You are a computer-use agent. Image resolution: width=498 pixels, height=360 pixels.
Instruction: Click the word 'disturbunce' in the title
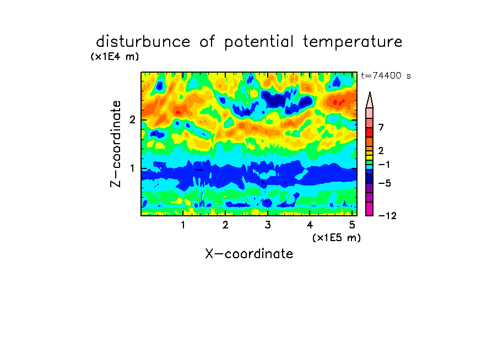click(143, 42)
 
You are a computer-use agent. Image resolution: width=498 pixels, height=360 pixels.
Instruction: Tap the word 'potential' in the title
click(259, 42)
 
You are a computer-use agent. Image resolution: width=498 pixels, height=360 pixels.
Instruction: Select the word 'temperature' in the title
click(353, 42)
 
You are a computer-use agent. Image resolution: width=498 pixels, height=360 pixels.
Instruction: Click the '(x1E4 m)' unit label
click(115, 57)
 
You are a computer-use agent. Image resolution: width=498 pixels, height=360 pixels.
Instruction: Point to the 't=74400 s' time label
click(386, 75)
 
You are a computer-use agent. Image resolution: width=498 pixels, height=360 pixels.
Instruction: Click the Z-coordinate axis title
click(116, 144)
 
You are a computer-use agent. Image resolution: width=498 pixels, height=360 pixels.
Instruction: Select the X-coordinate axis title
click(249, 254)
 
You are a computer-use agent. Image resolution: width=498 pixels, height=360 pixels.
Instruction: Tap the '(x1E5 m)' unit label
click(337, 238)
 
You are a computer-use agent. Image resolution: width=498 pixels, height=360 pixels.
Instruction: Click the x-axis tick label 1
click(183, 225)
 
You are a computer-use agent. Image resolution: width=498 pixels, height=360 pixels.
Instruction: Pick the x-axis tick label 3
click(268, 225)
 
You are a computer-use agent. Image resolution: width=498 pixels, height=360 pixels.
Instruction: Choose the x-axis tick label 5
click(352, 225)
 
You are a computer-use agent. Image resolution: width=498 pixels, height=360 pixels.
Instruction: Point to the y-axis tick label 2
click(132, 120)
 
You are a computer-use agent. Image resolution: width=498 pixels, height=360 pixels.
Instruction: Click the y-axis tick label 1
click(132, 168)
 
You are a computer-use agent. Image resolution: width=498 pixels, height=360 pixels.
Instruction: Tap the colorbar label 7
click(381, 128)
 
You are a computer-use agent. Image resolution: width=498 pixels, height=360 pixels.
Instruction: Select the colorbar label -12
click(387, 216)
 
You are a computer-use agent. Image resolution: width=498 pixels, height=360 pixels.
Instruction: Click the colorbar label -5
click(385, 183)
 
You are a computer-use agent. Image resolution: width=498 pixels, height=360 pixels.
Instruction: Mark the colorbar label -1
click(384, 165)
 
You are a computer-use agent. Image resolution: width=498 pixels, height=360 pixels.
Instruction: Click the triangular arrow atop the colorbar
click(370, 100)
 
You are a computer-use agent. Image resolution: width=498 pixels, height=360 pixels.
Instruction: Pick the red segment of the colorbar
click(370, 132)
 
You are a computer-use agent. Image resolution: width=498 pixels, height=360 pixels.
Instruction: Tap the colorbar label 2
click(381, 151)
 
